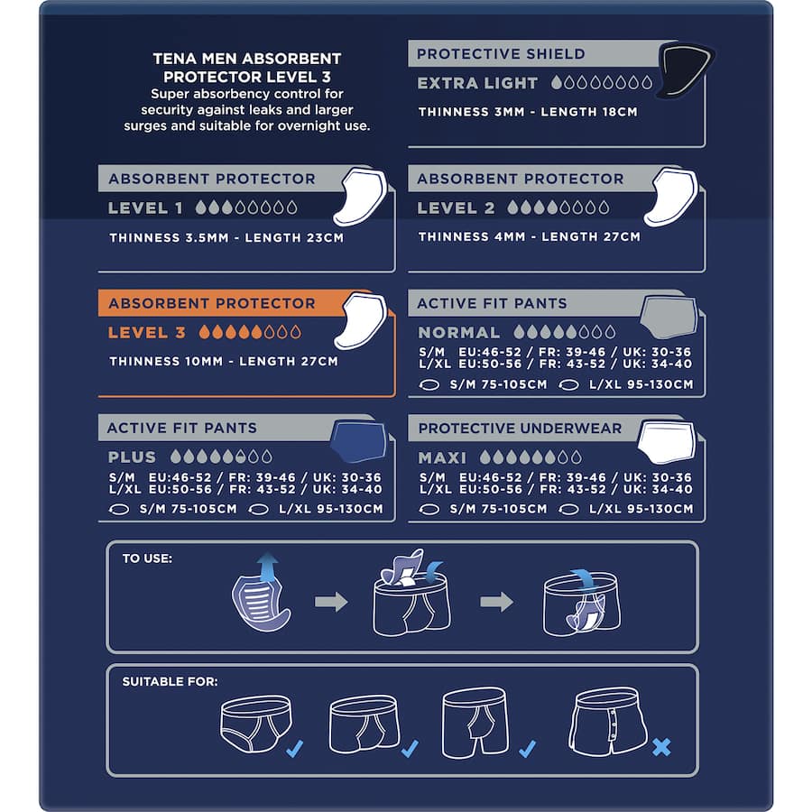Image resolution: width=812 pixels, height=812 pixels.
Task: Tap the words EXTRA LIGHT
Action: point(477,83)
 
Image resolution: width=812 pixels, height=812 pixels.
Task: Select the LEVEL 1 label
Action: point(145,208)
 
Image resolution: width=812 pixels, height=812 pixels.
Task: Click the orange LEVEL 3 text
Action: point(146,333)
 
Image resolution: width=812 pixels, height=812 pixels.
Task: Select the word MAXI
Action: point(442,457)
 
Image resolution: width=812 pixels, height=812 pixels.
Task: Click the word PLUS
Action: point(132,457)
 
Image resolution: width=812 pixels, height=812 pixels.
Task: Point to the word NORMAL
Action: point(458,333)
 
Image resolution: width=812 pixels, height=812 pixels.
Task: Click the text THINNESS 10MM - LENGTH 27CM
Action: point(224,362)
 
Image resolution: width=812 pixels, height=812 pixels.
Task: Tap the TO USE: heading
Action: point(147,558)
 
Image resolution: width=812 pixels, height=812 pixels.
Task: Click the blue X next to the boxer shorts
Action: point(660,747)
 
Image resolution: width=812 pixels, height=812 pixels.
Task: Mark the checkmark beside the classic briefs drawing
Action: point(293,748)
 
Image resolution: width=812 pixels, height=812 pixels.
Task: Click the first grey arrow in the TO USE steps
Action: point(331,602)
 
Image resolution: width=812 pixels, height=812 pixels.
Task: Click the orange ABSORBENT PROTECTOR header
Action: point(212,304)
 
